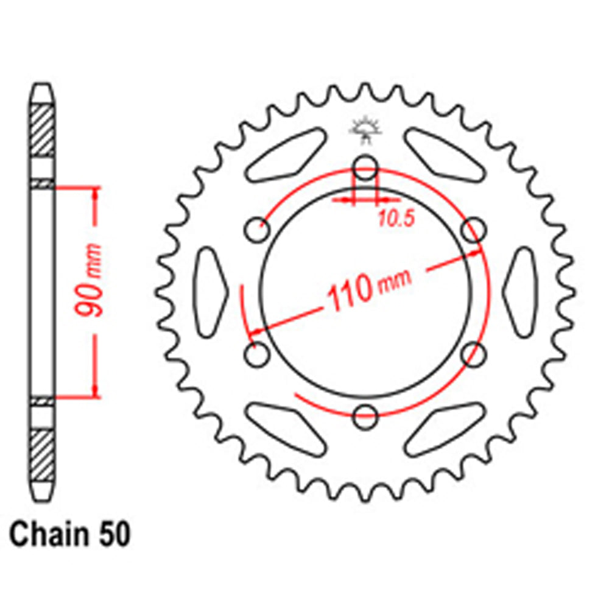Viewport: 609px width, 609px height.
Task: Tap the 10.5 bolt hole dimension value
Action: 396,219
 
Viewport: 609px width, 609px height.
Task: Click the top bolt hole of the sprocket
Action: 365,167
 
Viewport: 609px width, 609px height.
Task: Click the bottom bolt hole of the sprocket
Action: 365,417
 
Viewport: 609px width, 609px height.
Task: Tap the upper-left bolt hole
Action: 257,230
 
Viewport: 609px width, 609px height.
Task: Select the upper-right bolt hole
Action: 473,230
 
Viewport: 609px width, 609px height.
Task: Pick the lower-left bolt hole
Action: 257,353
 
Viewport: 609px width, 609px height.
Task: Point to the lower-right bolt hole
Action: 473,353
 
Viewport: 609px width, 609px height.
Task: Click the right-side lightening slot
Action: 521,291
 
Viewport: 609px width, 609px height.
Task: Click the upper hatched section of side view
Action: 42,130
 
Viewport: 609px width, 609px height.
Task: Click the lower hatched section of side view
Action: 42,454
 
